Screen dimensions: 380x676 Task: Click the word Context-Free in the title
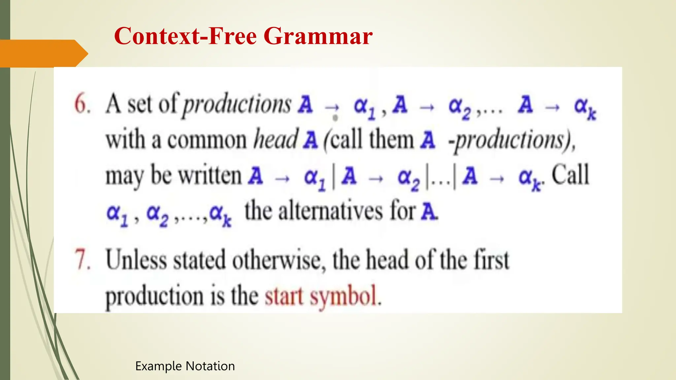[x=185, y=36]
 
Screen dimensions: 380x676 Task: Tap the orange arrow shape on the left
[x=43, y=53]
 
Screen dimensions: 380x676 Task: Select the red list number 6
[x=82, y=104]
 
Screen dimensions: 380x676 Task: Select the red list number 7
[x=82, y=260]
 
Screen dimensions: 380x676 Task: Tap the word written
[x=210, y=176]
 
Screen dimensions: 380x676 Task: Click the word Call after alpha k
[x=570, y=175]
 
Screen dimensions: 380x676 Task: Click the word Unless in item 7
[x=136, y=260]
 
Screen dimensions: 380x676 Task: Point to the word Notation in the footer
[x=210, y=366]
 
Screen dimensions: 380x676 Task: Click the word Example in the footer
[x=158, y=366]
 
